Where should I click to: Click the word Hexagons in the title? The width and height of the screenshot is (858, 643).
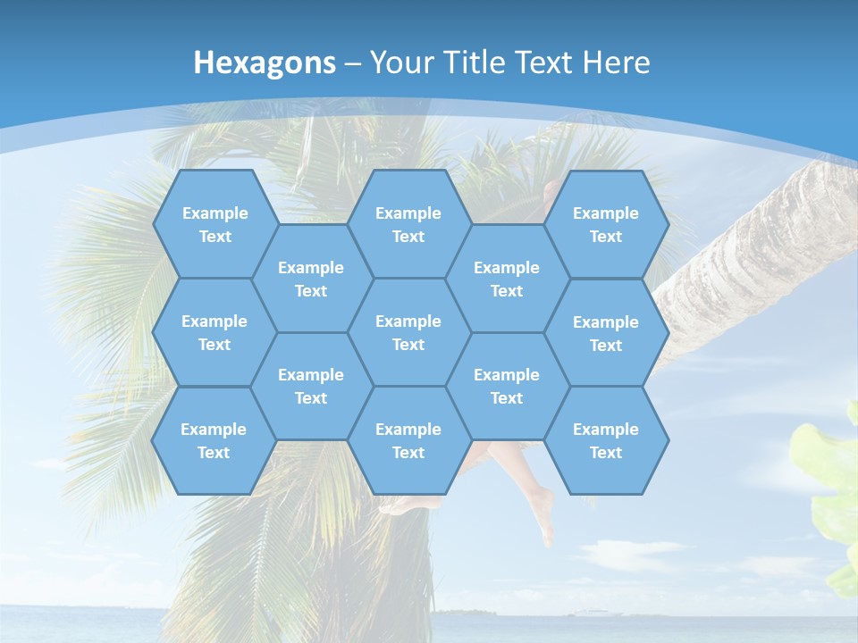point(265,63)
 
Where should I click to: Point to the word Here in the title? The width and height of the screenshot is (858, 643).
point(616,63)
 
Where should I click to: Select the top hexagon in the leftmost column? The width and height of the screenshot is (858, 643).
point(214,224)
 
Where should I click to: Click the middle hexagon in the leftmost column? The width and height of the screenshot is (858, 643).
point(214,332)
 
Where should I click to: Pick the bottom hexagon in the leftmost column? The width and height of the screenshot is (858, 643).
point(214,440)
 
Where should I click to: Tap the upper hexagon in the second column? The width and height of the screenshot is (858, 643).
point(311,279)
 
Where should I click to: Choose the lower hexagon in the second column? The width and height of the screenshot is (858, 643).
point(311,386)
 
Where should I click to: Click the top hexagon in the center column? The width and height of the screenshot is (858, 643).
point(408,224)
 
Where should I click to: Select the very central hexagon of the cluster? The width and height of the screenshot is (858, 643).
point(408,332)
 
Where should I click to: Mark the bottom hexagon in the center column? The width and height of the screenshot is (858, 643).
point(408,440)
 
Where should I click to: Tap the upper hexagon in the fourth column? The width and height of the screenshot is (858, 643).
point(507,279)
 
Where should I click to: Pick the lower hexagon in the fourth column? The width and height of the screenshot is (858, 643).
point(507,386)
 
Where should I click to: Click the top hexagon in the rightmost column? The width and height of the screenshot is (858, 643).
point(606,224)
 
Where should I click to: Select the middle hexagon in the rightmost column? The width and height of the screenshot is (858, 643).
point(606,333)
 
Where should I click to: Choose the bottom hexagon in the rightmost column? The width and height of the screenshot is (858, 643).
point(606,440)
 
